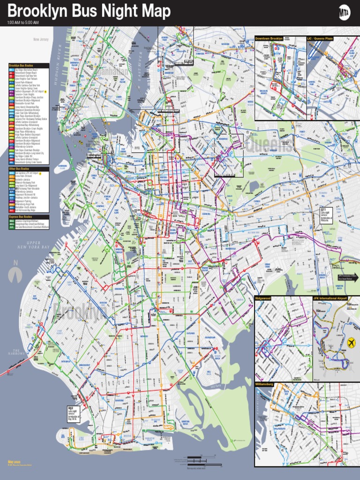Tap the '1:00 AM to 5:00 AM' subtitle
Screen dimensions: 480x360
pos(23,22)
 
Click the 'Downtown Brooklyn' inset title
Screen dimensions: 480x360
pos(269,38)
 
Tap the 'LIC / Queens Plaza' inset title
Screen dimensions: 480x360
pos(320,38)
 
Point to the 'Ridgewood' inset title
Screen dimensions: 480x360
pos(263,298)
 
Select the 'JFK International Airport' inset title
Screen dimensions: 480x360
pos(330,298)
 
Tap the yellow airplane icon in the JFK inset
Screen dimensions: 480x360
pos(351,344)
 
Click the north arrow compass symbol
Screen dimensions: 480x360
pos(16,272)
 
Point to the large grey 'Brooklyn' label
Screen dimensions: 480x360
pos(80,311)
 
